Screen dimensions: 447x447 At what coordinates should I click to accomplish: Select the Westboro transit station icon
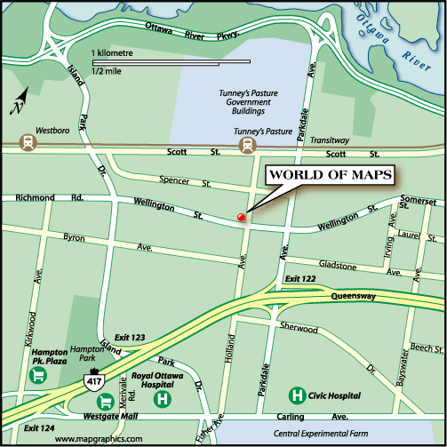(x=29, y=141)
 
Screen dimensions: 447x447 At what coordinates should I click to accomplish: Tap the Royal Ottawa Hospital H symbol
(x=163, y=401)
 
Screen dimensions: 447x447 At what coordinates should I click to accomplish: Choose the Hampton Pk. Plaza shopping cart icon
(x=38, y=376)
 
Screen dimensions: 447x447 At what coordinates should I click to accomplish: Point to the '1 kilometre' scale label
(x=111, y=54)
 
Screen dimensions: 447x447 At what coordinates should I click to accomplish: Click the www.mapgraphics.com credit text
(x=99, y=439)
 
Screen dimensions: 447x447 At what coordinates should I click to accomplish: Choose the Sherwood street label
(x=299, y=329)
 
